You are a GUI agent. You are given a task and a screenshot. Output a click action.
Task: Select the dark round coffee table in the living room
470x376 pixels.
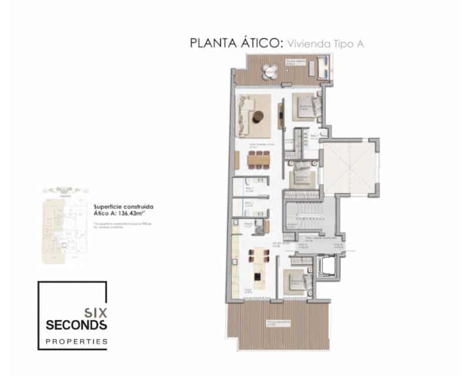click(258, 117)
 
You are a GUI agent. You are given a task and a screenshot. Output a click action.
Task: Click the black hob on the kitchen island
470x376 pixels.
click(257, 276)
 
